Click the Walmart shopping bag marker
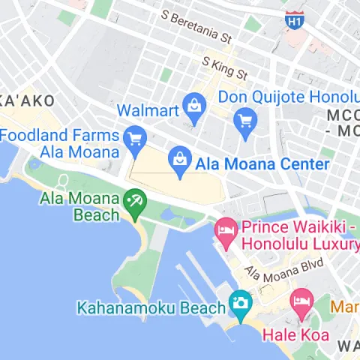point(193,105)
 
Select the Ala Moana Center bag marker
point(180,159)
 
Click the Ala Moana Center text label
point(262,163)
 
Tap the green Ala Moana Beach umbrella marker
point(135,201)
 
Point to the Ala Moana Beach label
point(79,206)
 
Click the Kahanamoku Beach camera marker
point(240,302)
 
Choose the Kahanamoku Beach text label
point(151,307)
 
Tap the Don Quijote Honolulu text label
point(289,98)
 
